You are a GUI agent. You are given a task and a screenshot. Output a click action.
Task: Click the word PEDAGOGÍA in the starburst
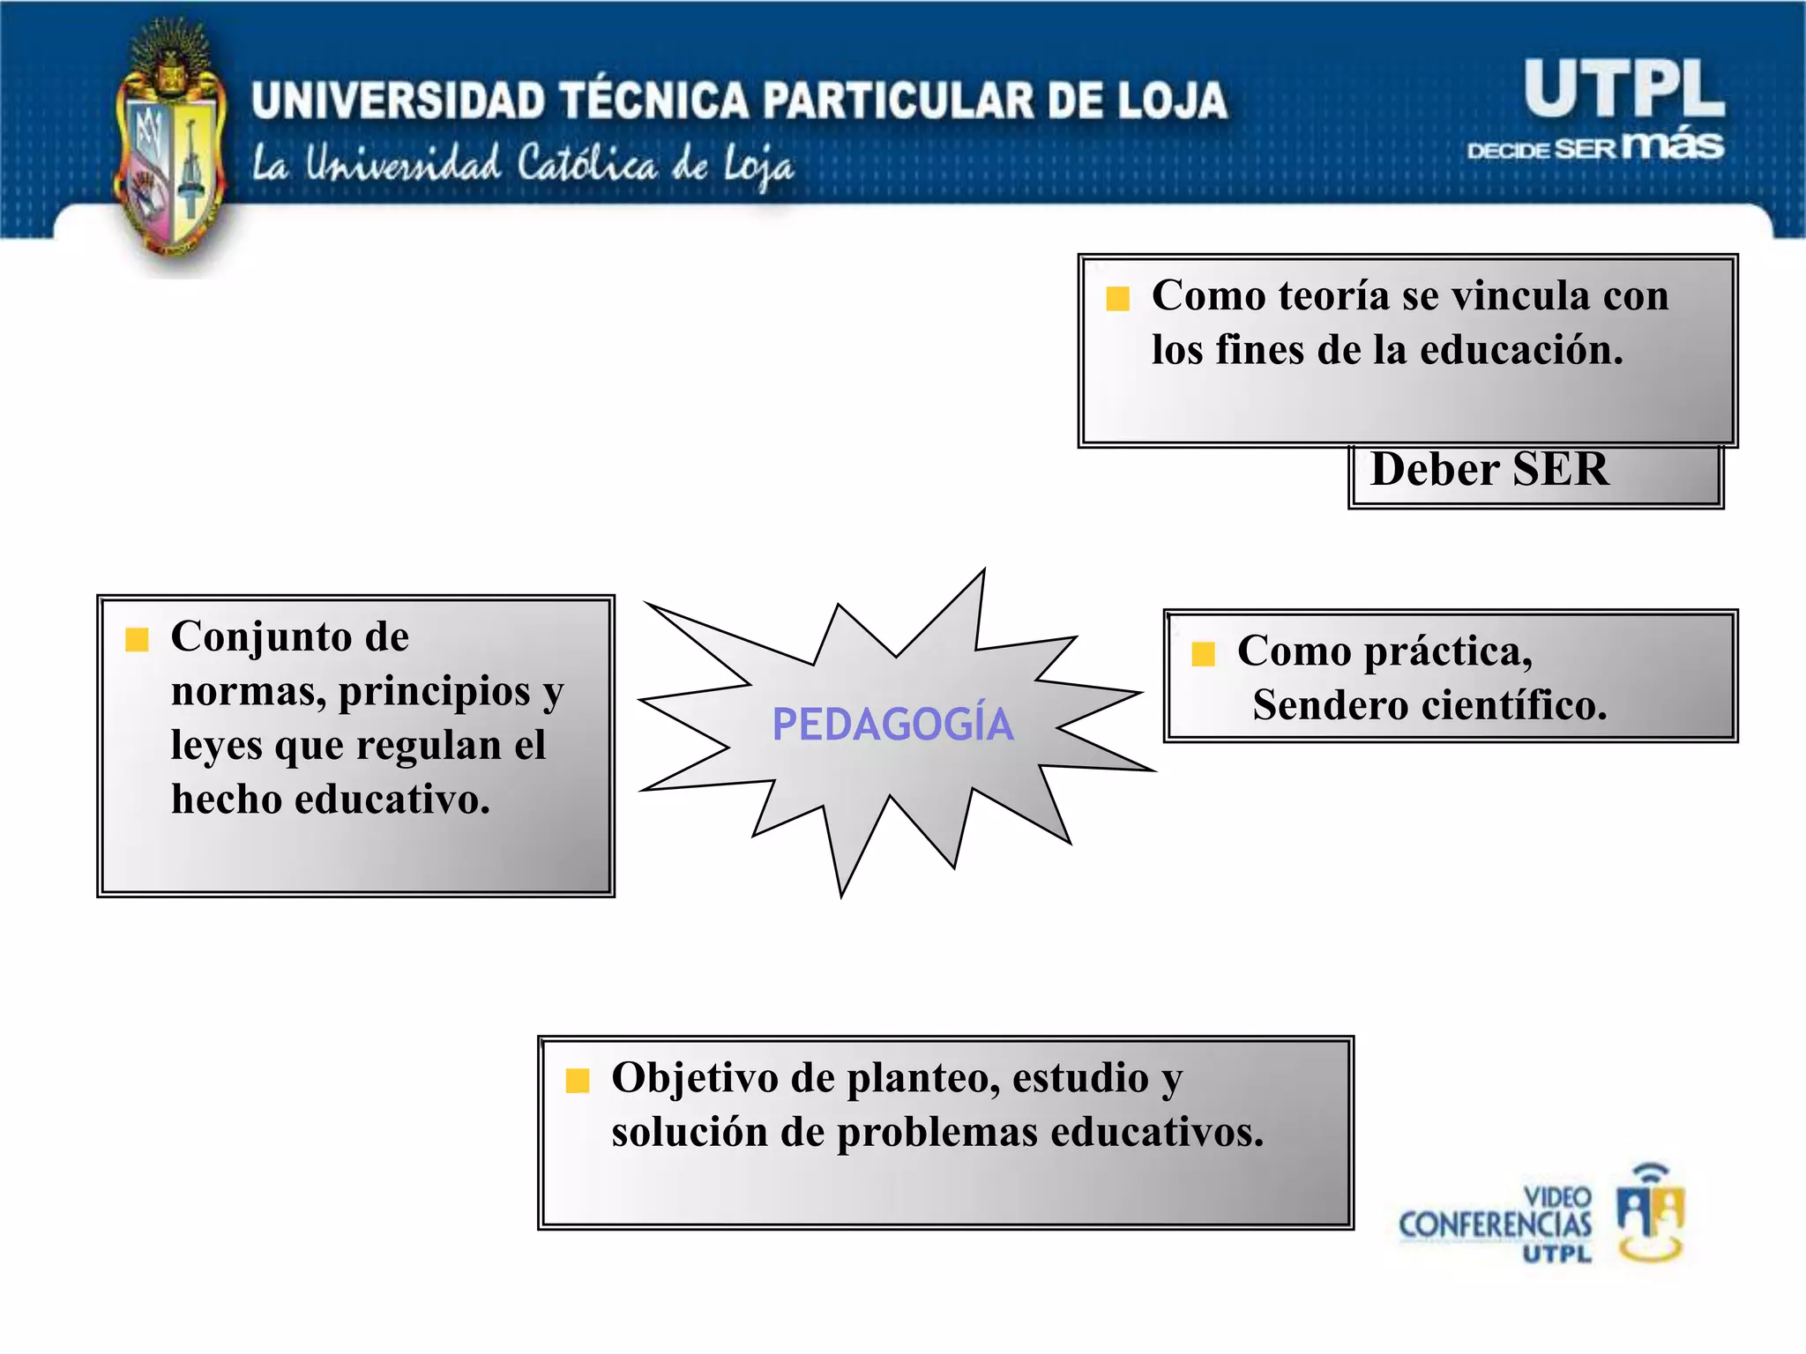(x=892, y=725)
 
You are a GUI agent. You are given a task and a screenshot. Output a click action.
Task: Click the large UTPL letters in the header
(x=1623, y=89)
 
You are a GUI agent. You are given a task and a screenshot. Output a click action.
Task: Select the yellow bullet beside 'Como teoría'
(x=1117, y=299)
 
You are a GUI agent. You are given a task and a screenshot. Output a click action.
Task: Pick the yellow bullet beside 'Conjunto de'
(x=137, y=639)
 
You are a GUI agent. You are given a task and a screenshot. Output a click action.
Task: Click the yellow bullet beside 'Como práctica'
(x=1203, y=654)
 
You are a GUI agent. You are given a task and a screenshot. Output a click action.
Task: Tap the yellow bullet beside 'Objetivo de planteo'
(x=577, y=1080)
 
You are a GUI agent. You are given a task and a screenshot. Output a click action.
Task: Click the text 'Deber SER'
(x=1489, y=469)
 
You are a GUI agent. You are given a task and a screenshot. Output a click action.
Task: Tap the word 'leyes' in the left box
(x=217, y=745)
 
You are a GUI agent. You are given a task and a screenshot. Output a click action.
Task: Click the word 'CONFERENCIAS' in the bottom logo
(x=1495, y=1224)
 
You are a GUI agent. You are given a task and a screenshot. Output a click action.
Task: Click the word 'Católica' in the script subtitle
(x=586, y=164)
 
